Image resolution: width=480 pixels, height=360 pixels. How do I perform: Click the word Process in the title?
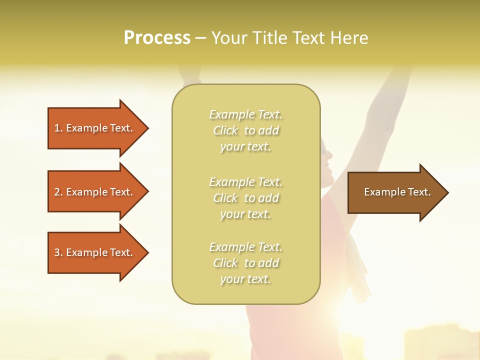[x=157, y=38]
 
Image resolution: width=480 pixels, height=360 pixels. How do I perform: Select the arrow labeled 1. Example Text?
[x=95, y=128]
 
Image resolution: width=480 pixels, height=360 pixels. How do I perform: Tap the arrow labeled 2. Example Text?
[x=95, y=192]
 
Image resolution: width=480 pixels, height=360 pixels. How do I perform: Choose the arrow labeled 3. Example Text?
[x=95, y=252]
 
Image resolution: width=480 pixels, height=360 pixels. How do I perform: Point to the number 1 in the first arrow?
[x=57, y=128]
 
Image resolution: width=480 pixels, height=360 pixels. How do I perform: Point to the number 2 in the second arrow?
[x=57, y=192]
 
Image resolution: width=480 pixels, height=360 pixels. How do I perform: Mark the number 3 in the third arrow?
[x=57, y=252]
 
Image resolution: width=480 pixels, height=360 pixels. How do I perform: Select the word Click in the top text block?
[x=225, y=131]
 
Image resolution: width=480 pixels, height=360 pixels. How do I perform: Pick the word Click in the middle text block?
[x=225, y=198]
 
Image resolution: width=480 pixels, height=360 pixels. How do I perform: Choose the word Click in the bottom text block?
[x=225, y=263]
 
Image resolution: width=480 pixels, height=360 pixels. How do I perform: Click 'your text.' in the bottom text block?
[x=245, y=279]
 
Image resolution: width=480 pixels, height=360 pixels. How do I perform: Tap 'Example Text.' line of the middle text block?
[x=245, y=182]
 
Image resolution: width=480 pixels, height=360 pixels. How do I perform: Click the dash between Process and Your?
[x=200, y=38]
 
